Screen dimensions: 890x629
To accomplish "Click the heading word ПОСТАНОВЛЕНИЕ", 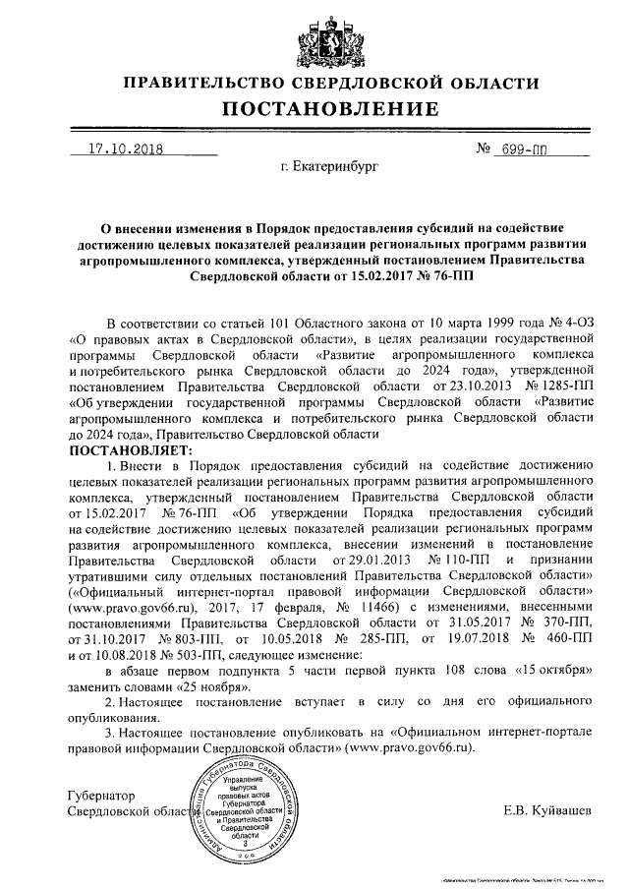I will coord(314,107).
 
